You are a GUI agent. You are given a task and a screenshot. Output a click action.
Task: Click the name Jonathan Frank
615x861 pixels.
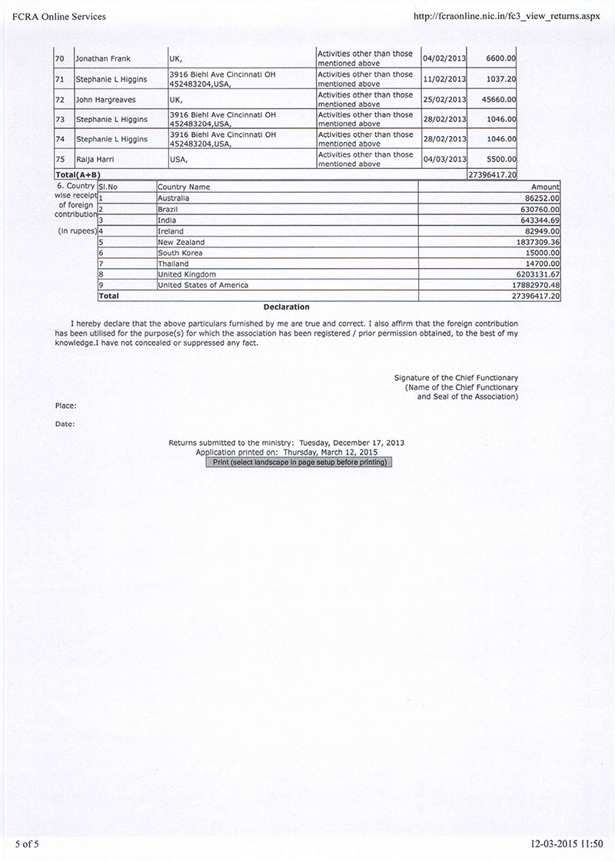103,59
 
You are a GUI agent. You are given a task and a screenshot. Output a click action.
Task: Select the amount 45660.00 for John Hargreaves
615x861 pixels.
500,99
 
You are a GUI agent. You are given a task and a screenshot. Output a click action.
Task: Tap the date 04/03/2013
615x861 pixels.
445,159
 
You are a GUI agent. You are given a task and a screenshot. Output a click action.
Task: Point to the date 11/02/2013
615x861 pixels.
445,79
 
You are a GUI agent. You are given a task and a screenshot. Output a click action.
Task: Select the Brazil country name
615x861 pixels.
168,209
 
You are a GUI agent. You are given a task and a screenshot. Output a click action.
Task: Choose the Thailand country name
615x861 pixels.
172,263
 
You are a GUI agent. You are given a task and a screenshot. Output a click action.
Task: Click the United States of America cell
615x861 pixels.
203,285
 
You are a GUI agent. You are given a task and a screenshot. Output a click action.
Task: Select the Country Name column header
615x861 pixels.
183,187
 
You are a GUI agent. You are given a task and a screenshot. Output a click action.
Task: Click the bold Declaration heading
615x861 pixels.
286,307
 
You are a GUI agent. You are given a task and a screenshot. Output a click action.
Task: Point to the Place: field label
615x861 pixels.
65,405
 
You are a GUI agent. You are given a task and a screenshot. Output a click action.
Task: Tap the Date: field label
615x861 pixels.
65,424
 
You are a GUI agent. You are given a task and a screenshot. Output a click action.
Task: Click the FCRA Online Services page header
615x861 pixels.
59,16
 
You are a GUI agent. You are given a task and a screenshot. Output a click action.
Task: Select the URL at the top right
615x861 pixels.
506,16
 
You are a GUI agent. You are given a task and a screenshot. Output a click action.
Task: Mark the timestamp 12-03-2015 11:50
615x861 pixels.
567,843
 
